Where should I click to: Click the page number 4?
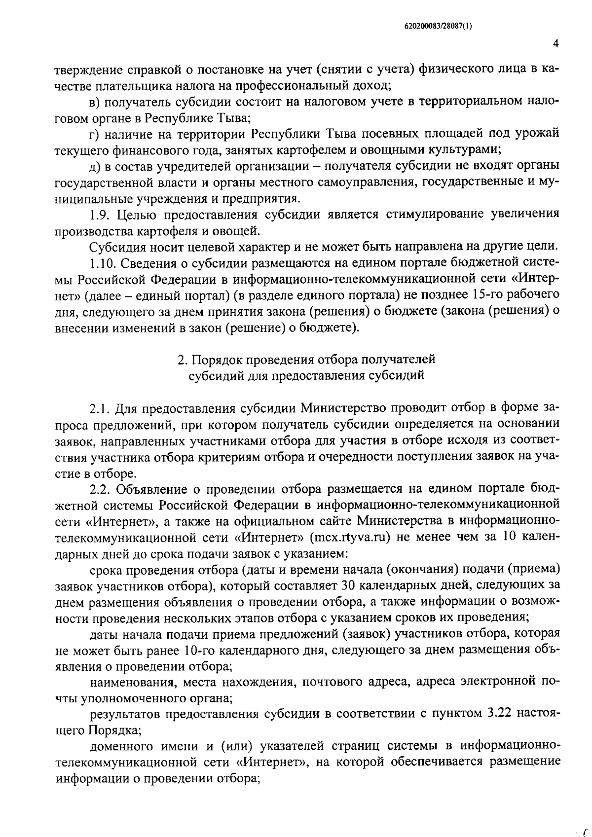[555, 44]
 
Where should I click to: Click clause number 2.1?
[100, 409]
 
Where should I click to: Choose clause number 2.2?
[101, 489]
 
